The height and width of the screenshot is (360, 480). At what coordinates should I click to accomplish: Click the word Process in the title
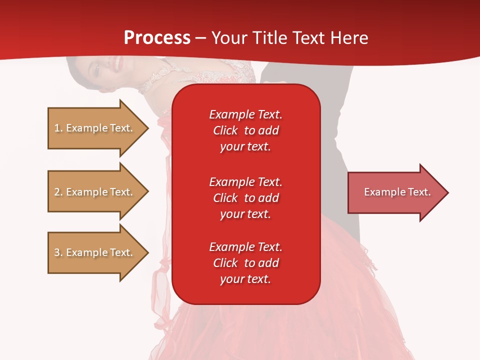pyautogui.click(x=157, y=38)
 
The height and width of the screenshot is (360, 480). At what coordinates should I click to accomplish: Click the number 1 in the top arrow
pyautogui.click(x=57, y=128)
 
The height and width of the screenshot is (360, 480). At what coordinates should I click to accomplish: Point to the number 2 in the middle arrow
pyautogui.click(x=57, y=192)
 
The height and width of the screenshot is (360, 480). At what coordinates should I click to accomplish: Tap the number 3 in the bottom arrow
pyautogui.click(x=57, y=252)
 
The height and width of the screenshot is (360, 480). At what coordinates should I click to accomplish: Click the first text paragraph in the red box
pyautogui.click(x=245, y=130)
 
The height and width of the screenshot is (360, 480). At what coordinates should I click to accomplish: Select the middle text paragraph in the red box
pyautogui.click(x=245, y=198)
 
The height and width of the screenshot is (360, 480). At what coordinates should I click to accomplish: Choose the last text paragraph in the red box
pyautogui.click(x=245, y=263)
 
